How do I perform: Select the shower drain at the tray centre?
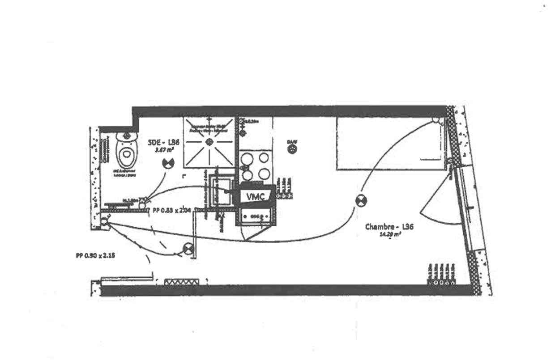[x=209, y=142]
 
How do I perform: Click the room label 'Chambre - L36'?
[x=389, y=227]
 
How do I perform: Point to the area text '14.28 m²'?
[x=389, y=235]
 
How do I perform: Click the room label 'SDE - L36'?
[x=164, y=142]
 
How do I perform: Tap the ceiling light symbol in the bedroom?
[x=361, y=201]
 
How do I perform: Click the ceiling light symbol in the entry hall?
[x=188, y=249]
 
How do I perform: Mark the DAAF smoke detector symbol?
[x=292, y=149]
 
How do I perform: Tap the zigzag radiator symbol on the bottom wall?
[x=181, y=282]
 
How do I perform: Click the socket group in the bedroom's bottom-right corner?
[x=440, y=275]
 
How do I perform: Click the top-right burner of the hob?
[x=265, y=157]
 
